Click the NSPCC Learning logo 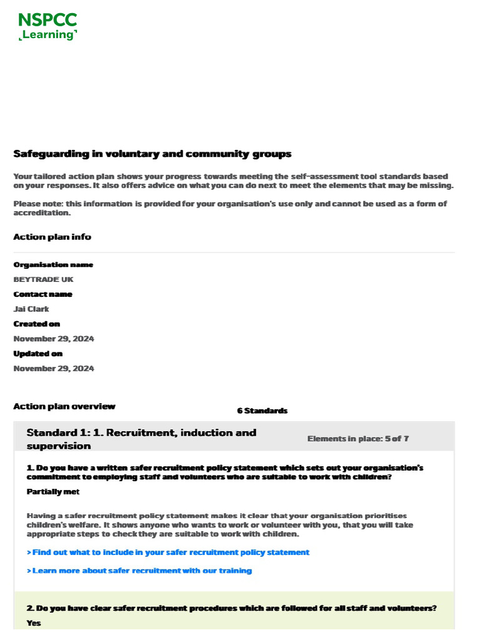coord(47,26)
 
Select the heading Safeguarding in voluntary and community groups coord(152,154)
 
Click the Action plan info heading coord(52,237)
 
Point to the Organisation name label coord(53,264)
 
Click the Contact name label coord(42,294)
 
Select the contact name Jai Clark coord(31,309)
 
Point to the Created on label coord(37,324)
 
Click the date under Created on coord(54,339)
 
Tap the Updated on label coord(38,354)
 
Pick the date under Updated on coord(54,369)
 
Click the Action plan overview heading coord(64,406)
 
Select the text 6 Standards coord(262,411)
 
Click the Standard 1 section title coord(141,439)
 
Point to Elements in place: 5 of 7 coord(357,439)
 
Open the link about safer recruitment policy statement coord(168,552)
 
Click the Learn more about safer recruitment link coord(139,571)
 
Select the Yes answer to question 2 coord(34,623)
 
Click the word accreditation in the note coord(42,213)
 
